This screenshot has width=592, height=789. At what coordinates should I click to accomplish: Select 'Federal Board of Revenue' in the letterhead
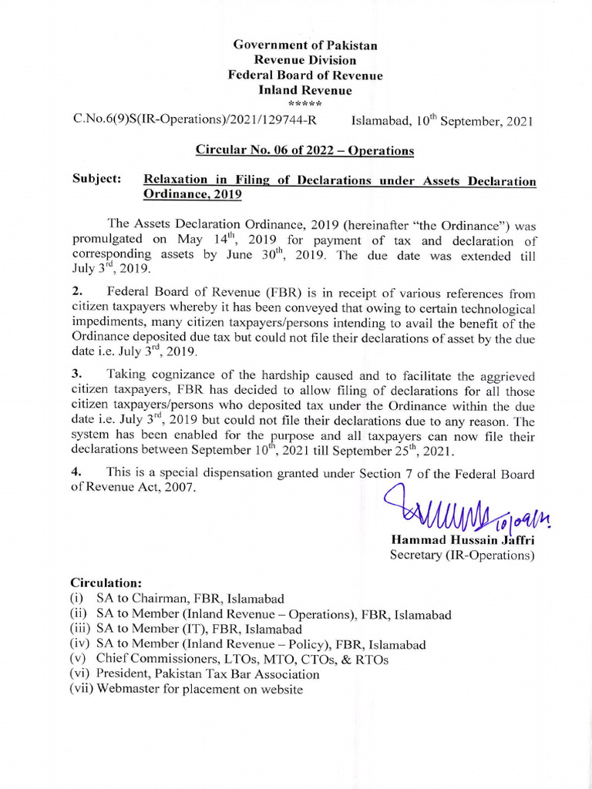click(x=304, y=76)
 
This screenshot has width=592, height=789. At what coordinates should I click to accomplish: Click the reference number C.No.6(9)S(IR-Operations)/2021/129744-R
click(x=193, y=120)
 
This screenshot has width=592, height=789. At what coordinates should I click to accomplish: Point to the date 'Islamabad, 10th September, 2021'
click(x=442, y=120)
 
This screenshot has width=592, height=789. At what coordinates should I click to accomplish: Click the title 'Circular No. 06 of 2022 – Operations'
click(x=304, y=150)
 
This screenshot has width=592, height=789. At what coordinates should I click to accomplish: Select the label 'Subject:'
click(x=97, y=180)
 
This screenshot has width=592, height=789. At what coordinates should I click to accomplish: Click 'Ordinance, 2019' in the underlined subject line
click(x=193, y=195)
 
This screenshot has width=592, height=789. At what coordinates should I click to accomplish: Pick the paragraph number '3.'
click(x=77, y=375)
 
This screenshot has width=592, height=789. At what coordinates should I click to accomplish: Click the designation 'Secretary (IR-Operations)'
click(x=462, y=555)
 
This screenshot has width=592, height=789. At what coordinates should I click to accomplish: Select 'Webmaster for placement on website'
click(x=200, y=690)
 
